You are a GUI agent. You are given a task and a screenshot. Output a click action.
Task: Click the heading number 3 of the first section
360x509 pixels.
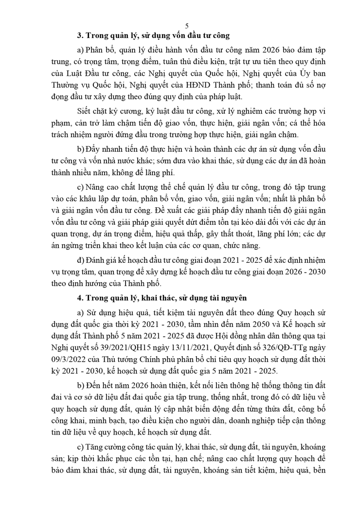point(80,36)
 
